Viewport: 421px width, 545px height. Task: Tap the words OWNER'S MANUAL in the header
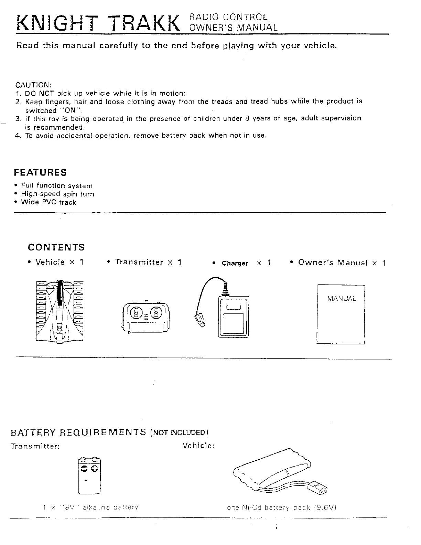[234, 28]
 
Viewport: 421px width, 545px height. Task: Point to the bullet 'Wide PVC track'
[48, 202]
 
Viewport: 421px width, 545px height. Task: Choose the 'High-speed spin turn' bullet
[57, 194]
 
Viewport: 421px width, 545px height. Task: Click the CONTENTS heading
[56, 247]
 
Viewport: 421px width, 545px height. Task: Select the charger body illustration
[233, 317]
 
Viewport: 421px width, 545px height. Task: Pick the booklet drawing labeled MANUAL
[340, 314]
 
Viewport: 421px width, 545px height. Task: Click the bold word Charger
[235, 264]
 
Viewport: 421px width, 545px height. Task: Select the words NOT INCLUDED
[180, 432]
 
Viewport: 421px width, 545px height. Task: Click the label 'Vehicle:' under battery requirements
[198, 446]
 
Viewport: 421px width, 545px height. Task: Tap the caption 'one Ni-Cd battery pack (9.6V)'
[281, 507]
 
